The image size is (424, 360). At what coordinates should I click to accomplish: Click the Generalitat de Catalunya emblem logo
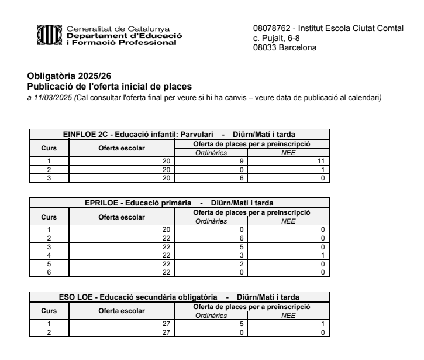49,36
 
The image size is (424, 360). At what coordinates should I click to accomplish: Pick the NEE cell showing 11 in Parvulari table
321,161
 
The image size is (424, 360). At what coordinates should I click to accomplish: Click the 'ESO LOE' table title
75,297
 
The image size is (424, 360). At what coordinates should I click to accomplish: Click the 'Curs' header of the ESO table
49,311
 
